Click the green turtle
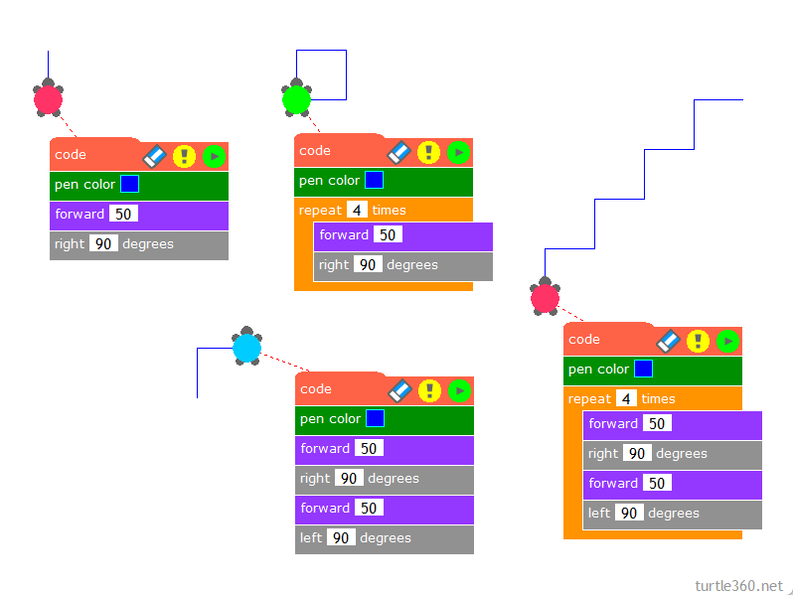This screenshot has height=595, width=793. click(x=296, y=99)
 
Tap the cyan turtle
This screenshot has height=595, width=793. click(x=246, y=348)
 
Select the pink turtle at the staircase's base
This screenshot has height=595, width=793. click(x=545, y=297)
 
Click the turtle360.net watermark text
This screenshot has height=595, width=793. click(x=738, y=585)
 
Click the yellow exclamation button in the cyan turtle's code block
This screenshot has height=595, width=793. click(x=429, y=390)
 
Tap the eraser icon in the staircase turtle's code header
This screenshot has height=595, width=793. click(x=668, y=341)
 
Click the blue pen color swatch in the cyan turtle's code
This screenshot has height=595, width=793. click(x=375, y=419)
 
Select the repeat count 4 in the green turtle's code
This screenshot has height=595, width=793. click(x=355, y=211)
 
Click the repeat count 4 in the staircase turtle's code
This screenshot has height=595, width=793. click(x=625, y=399)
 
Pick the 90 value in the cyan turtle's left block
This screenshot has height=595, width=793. click(x=341, y=538)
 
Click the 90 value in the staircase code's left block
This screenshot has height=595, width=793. click(x=629, y=514)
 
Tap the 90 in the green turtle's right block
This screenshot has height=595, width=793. click(x=368, y=265)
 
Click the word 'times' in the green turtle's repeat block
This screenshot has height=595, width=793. click(x=389, y=211)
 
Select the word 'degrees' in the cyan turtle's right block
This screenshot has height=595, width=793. click(x=394, y=479)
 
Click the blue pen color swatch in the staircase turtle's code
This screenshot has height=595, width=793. click(x=643, y=370)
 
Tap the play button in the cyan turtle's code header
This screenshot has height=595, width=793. click(x=459, y=390)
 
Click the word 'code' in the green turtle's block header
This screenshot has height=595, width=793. click(x=315, y=151)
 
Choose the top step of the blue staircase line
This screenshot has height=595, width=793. click(x=717, y=100)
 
